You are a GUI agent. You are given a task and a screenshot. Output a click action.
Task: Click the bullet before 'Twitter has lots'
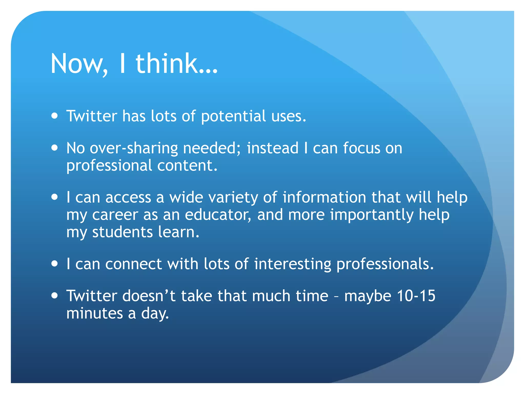pyautogui.click(x=54, y=116)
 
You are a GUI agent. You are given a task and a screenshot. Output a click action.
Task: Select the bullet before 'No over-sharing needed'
pyautogui.click(x=54, y=148)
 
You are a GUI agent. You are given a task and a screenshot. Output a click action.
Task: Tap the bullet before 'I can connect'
pyautogui.click(x=54, y=264)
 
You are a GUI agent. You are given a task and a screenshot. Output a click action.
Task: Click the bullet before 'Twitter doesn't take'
pyautogui.click(x=54, y=295)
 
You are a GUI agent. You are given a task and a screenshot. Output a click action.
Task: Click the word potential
pyautogui.click(x=233, y=116)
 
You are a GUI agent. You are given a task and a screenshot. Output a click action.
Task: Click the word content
pyautogui.click(x=187, y=165)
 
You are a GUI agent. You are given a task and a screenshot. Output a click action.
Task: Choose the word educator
pyautogui.click(x=218, y=215)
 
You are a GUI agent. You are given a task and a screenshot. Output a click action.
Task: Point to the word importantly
pyautogui.click(x=372, y=215)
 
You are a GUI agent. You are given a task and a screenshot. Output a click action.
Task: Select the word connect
pyautogui.click(x=133, y=264)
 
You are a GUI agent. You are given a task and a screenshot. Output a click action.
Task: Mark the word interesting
pyautogui.click(x=292, y=264)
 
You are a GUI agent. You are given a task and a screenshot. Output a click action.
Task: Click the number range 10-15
pyautogui.click(x=416, y=296)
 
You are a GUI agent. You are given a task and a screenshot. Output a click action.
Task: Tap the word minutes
pyautogui.click(x=95, y=313)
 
